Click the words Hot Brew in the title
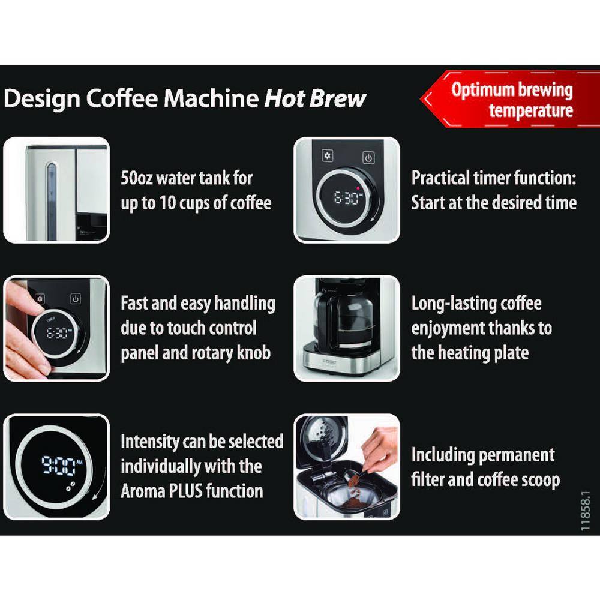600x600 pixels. click(x=315, y=98)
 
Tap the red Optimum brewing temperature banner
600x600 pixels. click(x=512, y=100)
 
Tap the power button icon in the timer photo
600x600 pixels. click(x=368, y=158)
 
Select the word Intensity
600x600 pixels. click(x=150, y=442)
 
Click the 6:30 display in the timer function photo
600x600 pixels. click(x=346, y=197)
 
